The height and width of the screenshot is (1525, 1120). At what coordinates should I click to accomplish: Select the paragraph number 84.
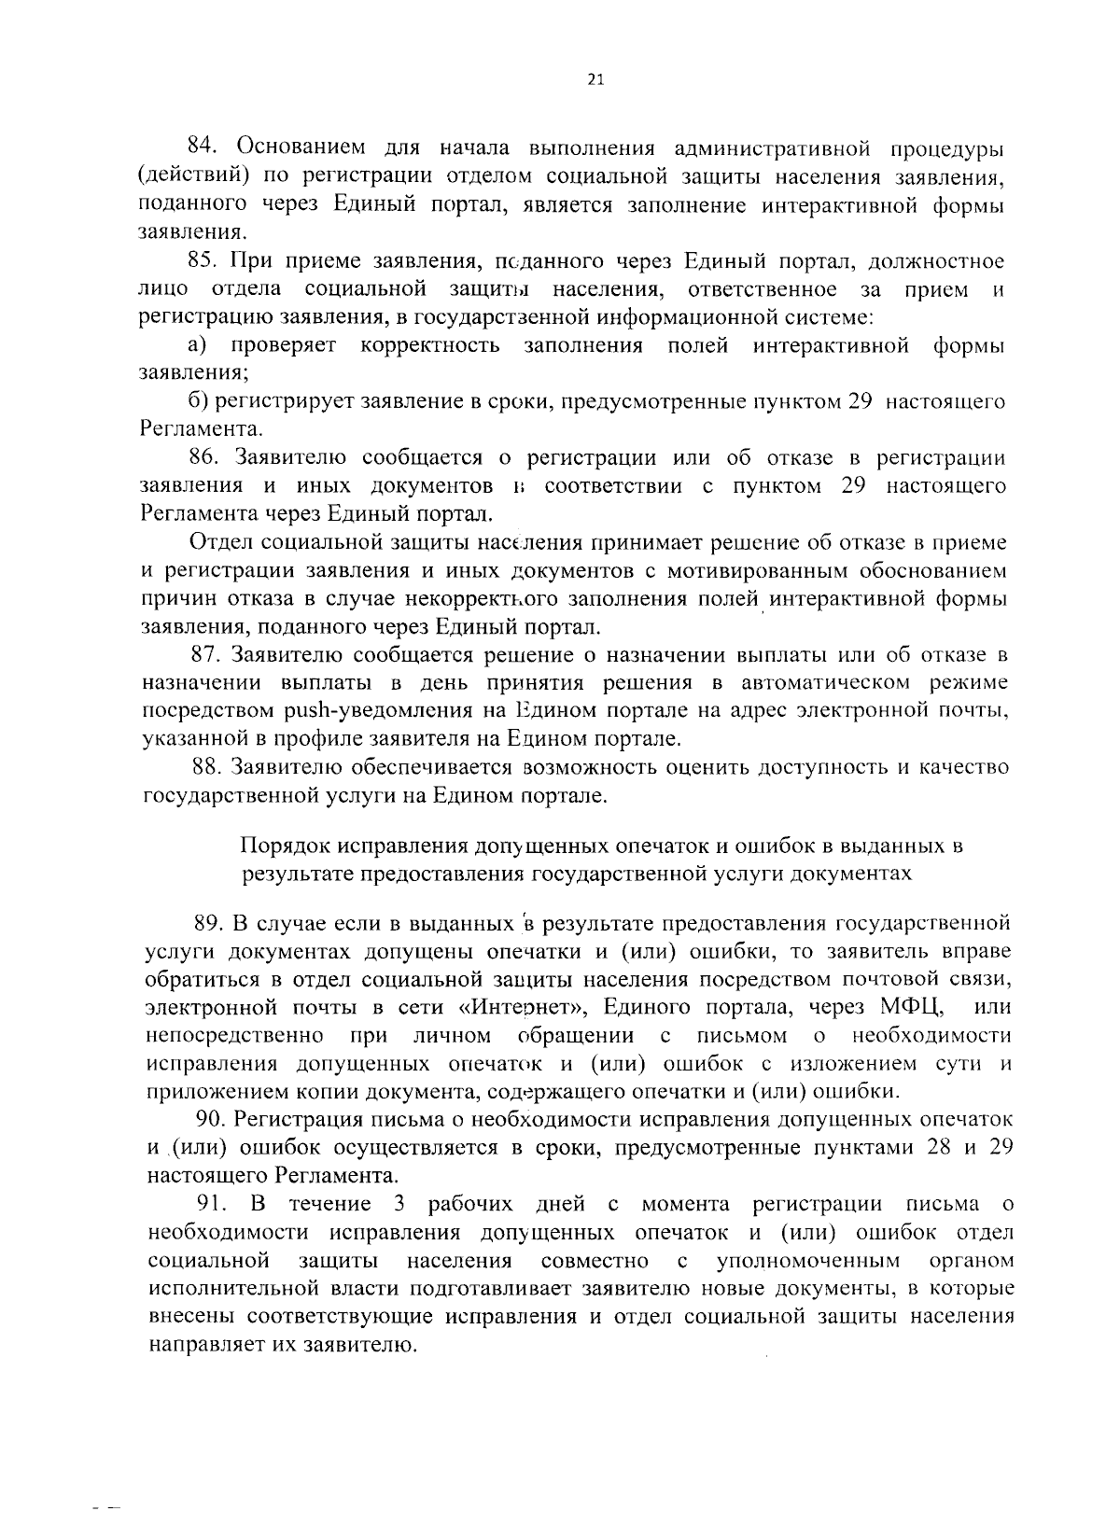203,147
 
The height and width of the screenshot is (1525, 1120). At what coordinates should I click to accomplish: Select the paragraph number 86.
204,457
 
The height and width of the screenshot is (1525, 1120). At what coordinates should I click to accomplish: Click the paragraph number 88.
204,767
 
